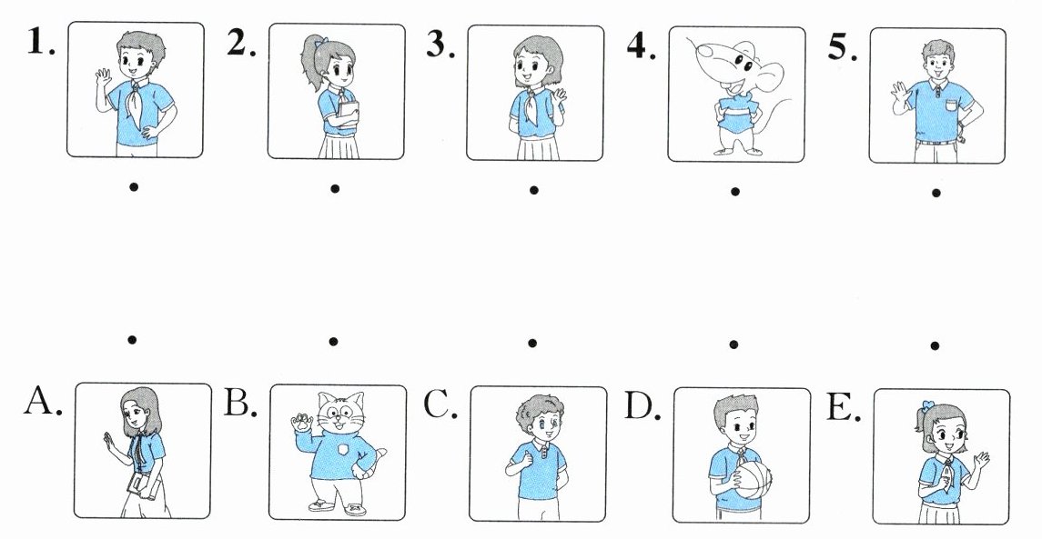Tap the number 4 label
[641, 45]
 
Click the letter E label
[844, 406]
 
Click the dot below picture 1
[134, 187]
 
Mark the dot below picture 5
[936, 194]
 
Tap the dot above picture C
[532, 344]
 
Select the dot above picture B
[333, 341]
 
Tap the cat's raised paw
[302, 422]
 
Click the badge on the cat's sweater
[342, 450]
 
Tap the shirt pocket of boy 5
[952, 105]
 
